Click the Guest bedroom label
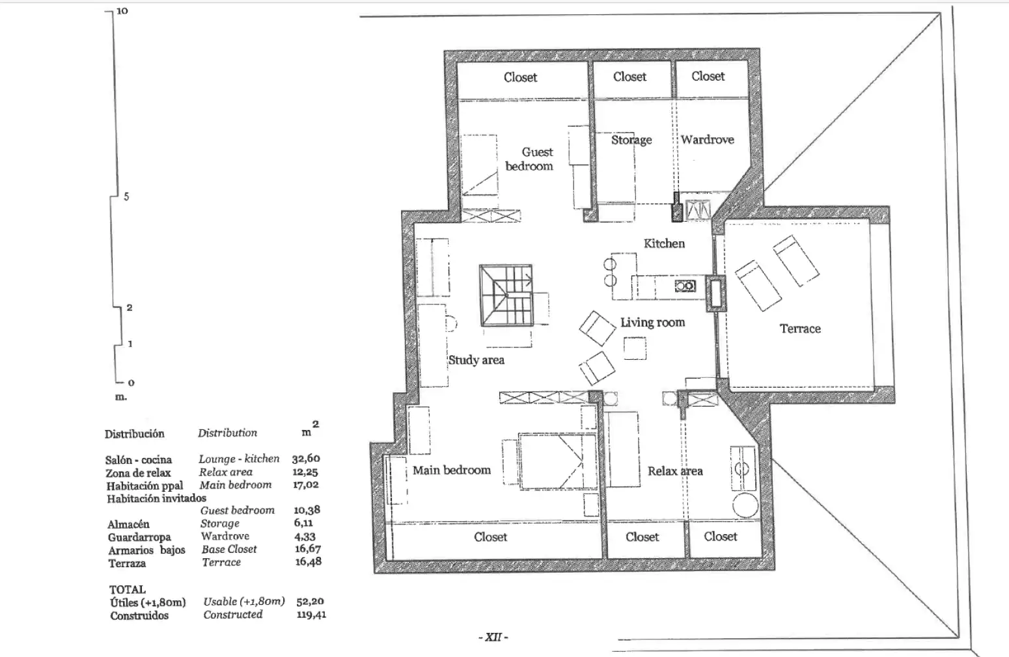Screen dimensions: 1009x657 pos(530,159)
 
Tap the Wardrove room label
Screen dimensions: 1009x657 pos(707,139)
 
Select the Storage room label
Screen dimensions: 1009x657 pos(631,140)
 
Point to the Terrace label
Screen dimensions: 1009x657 pos(800,328)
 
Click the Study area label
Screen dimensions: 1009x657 pos(476,360)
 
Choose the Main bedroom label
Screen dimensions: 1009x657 pos(451,470)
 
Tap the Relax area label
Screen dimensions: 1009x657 pos(675,471)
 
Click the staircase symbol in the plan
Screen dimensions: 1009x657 pos(506,295)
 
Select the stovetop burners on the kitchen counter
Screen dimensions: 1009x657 pos(685,286)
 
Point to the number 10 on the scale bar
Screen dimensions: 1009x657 pos(122,11)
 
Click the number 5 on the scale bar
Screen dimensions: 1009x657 pos(126,196)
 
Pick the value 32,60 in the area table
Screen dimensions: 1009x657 pos(306,459)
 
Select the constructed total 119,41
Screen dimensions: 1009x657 pos(311,614)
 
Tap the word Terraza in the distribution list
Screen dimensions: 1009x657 pos(127,563)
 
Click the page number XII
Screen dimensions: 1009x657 pos(493,637)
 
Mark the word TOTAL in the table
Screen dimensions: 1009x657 pos(128,589)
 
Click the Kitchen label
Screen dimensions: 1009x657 pos(664,243)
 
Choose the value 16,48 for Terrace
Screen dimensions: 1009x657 pos(308,561)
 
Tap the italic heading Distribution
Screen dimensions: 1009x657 pos(227,433)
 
